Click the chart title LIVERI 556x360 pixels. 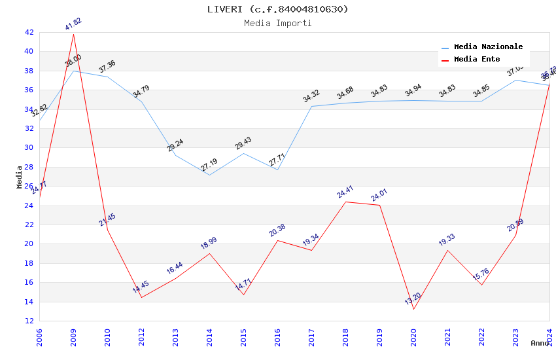pyautogui.click(x=277, y=9)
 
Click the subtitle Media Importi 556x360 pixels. pyautogui.click(x=277, y=23)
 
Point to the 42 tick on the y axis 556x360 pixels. pyautogui.click(x=29, y=32)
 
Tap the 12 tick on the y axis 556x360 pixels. pyautogui.click(x=29, y=321)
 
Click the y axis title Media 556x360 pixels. pyautogui.click(x=20, y=177)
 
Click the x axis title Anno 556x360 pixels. pyautogui.click(x=540, y=343)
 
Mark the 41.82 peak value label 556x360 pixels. pyautogui.click(x=73, y=24)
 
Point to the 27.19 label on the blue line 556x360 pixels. pyautogui.click(x=209, y=165)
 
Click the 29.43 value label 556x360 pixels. pyautogui.click(x=243, y=143)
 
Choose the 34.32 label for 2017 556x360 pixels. pyautogui.click(x=311, y=96)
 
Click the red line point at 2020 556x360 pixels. pyautogui.click(x=413, y=310)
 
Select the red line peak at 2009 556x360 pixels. pyautogui.click(x=73, y=34)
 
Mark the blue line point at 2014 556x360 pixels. pyautogui.click(x=209, y=175)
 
